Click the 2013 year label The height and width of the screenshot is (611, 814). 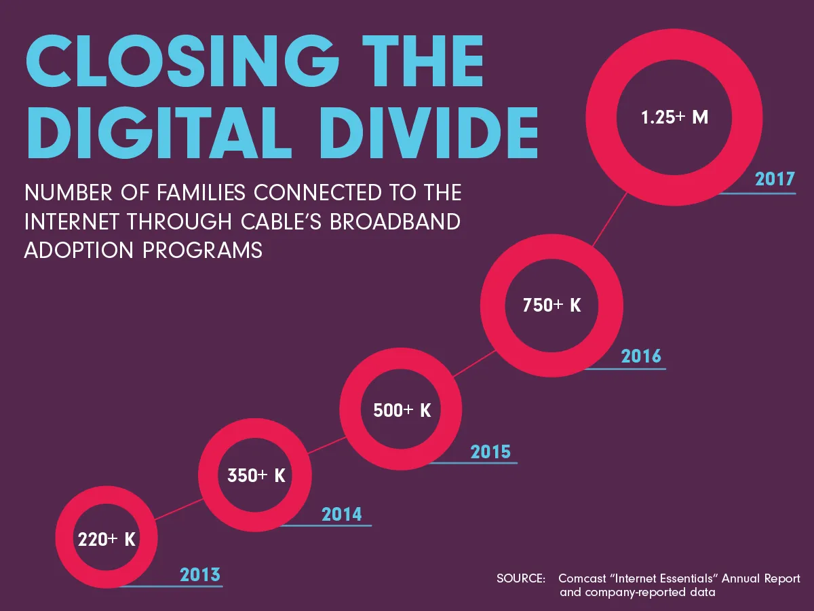tap(200, 575)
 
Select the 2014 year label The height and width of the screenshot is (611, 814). tap(342, 514)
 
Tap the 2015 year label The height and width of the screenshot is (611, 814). tap(490, 451)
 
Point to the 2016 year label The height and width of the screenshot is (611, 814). tap(640, 356)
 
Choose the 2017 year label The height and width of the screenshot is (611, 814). tap(775, 180)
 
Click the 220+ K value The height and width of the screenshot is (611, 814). tap(106, 540)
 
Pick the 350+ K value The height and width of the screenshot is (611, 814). tap(256, 476)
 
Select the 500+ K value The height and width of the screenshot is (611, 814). tap(402, 411)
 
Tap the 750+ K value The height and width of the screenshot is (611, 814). tap(551, 305)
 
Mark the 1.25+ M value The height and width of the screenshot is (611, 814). tap(674, 117)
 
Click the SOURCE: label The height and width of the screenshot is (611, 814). tap(521, 579)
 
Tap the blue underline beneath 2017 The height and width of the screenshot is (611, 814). tap(758, 193)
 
